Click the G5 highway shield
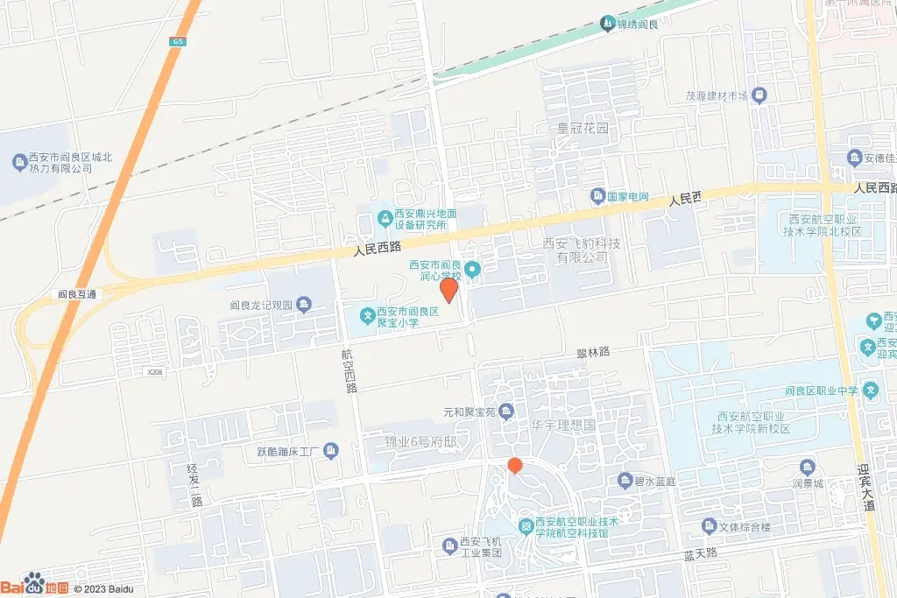pos(179,41)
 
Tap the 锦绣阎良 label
pos(637,23)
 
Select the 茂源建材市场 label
pos(716,95)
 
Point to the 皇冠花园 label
pos(583,129)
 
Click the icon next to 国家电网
pos(598,195)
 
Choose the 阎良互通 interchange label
pos(78,294)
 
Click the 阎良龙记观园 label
pos(261,306)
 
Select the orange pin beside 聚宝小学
pos(448,290)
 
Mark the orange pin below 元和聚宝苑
pos(515,465)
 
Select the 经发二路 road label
pos(195,486)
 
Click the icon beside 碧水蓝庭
pos(625,481)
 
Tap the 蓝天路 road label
pos(700,553)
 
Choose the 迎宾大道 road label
pos(868,487)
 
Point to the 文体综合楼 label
pos(745,526)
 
